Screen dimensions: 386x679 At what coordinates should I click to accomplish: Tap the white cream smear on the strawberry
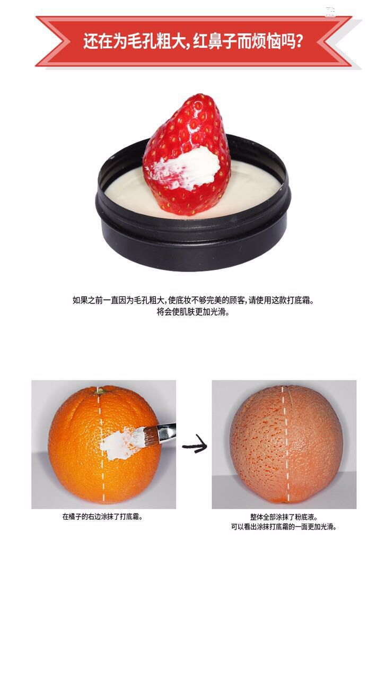click(x=187, y=168)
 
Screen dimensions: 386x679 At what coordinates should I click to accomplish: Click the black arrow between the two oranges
click(x=195, y=443)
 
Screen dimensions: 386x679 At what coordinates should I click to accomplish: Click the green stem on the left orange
click(x=99, y=391)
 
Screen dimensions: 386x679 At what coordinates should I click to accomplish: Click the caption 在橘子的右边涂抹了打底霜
click(x=102, y=516)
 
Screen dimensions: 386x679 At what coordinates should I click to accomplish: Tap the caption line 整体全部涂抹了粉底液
click(x=284, y=517)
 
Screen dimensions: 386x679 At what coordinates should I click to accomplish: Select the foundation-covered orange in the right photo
click(x=286, y=445)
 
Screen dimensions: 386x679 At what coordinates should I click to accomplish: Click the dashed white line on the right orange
click(x=285, y=444)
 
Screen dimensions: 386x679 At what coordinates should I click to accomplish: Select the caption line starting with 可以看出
click(x=284, y=527)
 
